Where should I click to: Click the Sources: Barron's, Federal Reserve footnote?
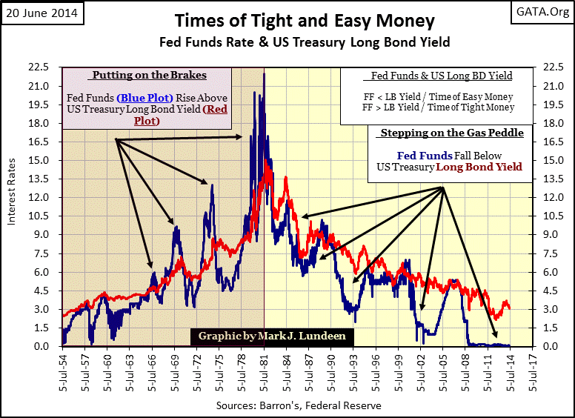point(299,406)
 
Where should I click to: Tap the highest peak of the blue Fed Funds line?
point(256,92)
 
